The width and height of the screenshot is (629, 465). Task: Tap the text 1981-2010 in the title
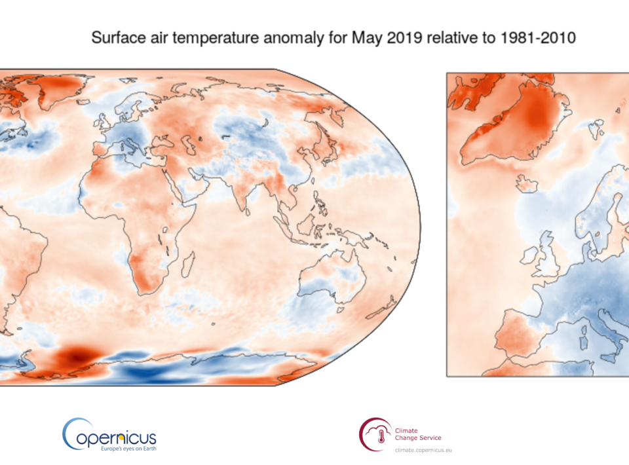point(534,38)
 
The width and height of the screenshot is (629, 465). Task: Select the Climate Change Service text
point(417,433)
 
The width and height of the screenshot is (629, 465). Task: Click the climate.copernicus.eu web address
point(423,450)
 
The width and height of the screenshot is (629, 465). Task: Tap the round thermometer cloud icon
point(375,434)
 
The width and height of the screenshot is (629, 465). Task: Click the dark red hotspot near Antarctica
point(73,357)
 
